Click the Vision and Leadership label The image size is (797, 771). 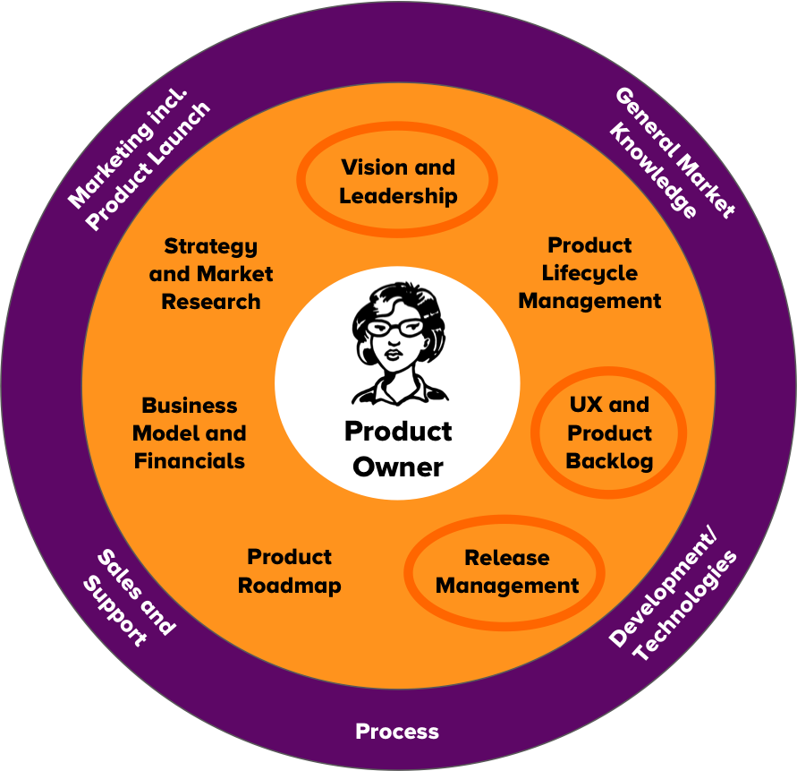(398, 182)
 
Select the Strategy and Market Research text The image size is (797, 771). (211, 274)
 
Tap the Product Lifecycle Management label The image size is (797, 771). (589, 273)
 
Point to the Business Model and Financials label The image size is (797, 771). (190, 433)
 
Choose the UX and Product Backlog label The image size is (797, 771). (609, 433)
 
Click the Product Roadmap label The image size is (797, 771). (289, 571)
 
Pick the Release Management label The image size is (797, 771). (507, 572)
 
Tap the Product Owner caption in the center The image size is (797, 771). (398, 450)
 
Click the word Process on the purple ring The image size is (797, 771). (397, 732)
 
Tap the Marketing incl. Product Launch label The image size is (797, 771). (139, 159)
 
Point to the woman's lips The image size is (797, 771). (393, 353)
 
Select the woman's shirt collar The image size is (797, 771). (400, 390)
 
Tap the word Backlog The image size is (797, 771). (609, 461)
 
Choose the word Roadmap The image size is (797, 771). (289, 586)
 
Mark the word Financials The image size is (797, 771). (190, 461)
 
